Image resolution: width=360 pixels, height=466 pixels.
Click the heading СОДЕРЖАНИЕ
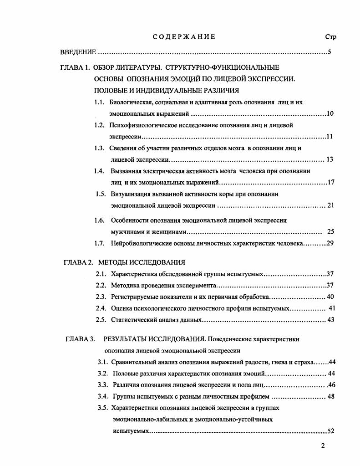pos(184,37)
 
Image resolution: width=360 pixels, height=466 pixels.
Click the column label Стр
pos(330,37)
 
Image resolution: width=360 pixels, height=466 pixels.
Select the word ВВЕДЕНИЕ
pos(78,52)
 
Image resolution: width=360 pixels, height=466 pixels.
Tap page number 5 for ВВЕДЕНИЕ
pos(329,52)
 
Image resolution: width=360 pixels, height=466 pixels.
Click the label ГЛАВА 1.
pos(75,67)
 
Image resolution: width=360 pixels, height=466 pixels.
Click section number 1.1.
pos(100,102)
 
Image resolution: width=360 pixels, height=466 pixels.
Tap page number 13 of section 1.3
pos(330,159)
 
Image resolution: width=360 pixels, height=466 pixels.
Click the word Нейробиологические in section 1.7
pos(142,243)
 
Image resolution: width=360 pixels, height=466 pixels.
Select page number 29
pos(330,243)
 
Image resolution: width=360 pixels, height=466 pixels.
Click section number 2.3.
pos(101,297)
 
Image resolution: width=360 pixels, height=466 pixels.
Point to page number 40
pos(330,297)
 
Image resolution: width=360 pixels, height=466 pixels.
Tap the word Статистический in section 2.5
pos(133,320)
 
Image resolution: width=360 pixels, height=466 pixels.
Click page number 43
pos(330,320)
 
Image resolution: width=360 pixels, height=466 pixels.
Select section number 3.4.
pos(102,396)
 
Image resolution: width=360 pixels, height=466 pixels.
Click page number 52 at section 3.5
pos(331,431)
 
